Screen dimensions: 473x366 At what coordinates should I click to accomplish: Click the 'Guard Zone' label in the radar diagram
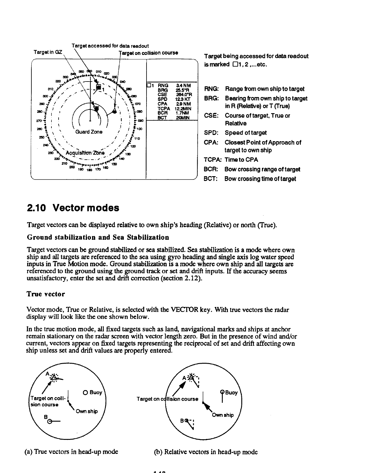[89, 132]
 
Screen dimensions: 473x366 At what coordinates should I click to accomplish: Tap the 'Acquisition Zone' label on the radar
[85, 153]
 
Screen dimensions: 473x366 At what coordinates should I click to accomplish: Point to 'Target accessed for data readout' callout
[110, 46]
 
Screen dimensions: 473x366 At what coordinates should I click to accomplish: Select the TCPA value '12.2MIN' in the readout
[183, 109]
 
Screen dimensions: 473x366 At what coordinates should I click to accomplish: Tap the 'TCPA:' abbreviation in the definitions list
[212, 160]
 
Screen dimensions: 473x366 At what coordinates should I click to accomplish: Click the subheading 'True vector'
[46, 294]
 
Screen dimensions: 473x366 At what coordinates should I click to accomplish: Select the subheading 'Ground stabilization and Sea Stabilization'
[98, 237]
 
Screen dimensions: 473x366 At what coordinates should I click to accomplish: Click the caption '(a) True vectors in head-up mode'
[71, 451]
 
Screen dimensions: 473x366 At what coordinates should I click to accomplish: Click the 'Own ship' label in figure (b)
[223, 415]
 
